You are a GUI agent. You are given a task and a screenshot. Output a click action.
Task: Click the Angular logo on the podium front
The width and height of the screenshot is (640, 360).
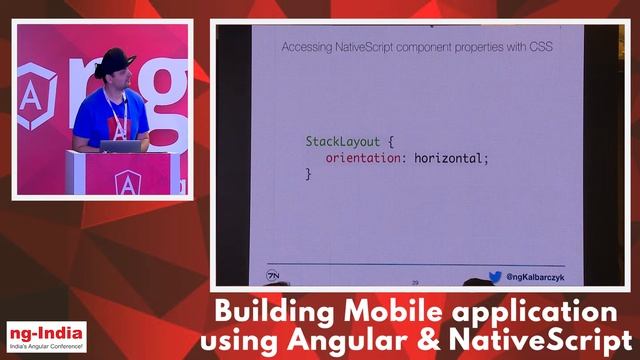(126, 183)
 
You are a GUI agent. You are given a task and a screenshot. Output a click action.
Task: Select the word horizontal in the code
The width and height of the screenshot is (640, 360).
(448, 158)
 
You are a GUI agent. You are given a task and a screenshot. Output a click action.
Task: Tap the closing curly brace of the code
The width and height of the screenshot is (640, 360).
(309, 174)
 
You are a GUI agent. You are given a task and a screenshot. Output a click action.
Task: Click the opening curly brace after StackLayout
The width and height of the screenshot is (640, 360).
(388, 142)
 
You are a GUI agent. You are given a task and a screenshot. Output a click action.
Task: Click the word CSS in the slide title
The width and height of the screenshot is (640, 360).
(541, 47)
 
